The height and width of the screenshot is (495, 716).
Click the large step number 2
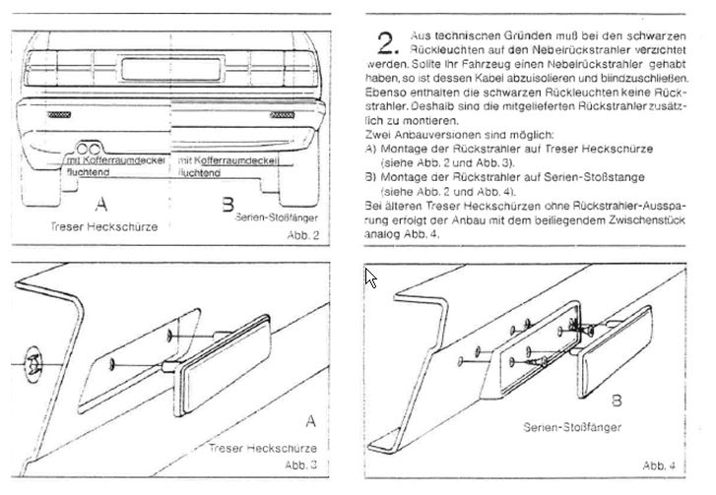(388, 41)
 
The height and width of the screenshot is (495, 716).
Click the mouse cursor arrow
(371, 277)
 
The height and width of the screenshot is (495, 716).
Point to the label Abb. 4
(659, 464)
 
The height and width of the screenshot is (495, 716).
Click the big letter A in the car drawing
(100, 205)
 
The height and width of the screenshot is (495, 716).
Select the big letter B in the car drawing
(228, 205)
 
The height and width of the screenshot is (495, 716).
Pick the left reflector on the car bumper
(56, 115)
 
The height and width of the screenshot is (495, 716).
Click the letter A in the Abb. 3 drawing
(310, 422)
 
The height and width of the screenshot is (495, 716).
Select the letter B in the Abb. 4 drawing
(615, 402)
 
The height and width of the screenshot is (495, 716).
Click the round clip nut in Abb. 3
(34, 362)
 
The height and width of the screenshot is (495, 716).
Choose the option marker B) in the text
(370, 179)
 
